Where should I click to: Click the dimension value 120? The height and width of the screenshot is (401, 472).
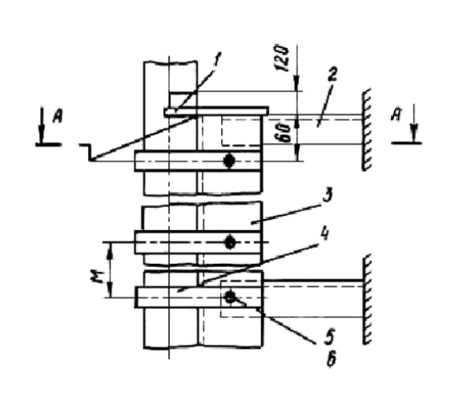285,57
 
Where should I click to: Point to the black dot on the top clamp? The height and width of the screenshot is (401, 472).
229,162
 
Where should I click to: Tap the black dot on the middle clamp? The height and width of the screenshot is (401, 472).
229,243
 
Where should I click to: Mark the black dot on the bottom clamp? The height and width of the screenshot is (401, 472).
229,296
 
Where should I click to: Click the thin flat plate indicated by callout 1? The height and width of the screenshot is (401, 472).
216,111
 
